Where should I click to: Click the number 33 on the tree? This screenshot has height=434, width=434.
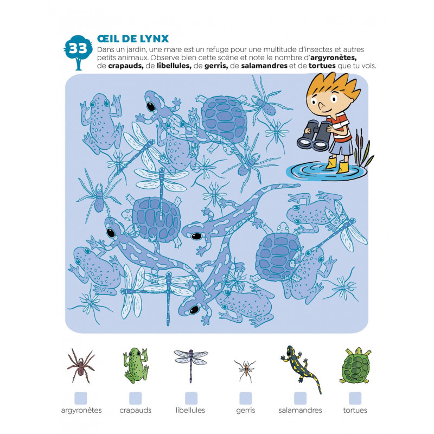(x=78, y=49)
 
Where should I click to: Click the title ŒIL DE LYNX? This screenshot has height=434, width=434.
(x=133, y=39)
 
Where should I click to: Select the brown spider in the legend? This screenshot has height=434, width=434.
(x=80, y=366)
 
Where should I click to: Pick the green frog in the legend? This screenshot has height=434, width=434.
(x=136, y=365)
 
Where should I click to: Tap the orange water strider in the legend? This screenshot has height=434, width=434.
(x=245, y=371)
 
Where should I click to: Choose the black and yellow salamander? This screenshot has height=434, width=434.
(x=301, y=368)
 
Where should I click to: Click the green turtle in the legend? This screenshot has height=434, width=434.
(x=355, y=365)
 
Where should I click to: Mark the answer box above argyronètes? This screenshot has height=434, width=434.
(x=81, y=398)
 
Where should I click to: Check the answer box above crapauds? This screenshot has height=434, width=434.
(x=135, y=398)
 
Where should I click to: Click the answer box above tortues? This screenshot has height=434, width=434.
(x=355, y=398)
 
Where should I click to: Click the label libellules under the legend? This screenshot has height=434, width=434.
(x=190, y=410)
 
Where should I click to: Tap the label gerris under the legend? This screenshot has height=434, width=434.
(x=246, y=411)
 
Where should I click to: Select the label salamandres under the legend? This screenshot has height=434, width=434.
(x=300, y=410)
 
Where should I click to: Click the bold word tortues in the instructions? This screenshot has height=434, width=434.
(x=322, y=66)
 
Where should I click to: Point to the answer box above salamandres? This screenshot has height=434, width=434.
(x=301, y=398)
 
